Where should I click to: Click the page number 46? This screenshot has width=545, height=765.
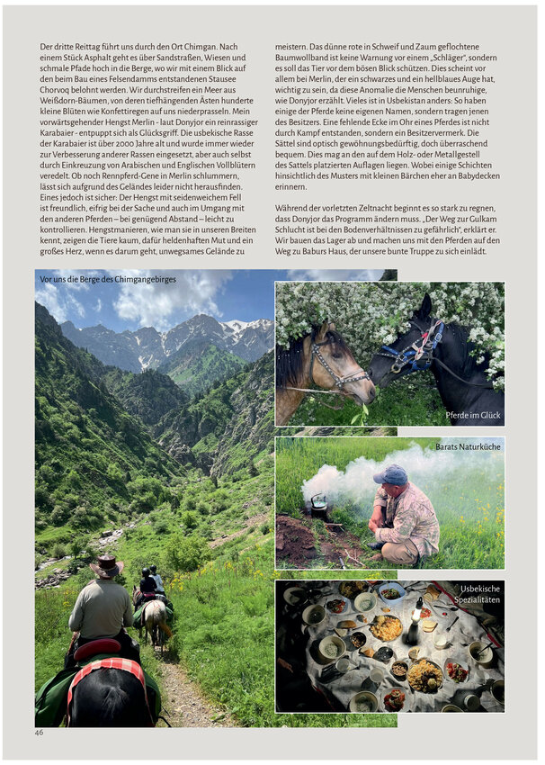(x=40, y=733)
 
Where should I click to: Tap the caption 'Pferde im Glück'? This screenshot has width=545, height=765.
(x=473, y=416)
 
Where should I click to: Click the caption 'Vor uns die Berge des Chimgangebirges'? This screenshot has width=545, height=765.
(x=108, y=280)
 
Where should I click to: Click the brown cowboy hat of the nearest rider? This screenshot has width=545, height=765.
(x=106, y=565)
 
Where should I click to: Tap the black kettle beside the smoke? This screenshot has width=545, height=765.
(x=319, y=507)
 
